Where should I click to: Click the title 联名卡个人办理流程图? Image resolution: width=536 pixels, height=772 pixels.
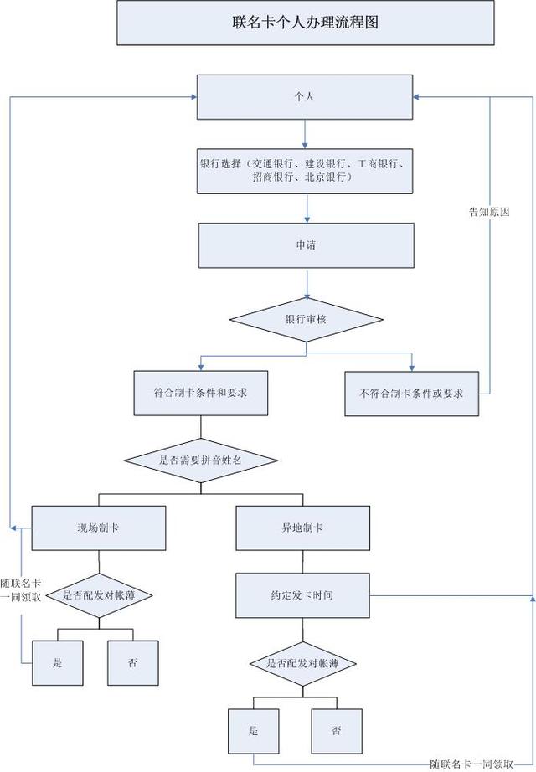(306, 23)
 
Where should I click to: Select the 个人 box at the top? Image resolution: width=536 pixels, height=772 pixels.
(306, 97)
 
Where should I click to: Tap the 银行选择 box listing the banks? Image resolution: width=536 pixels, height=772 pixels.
(306, 171)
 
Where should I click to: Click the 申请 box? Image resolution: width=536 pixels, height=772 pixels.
(306, 246)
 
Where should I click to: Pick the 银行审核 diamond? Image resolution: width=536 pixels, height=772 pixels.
(306, 319)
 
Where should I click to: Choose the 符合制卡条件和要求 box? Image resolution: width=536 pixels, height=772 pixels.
(201, 393)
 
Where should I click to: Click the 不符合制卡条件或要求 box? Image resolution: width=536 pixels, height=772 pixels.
(411, 393)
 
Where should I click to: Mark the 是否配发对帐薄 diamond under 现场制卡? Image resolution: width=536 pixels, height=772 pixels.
(100, 594)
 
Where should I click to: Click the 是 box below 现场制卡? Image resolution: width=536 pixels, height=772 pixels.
(58, 662)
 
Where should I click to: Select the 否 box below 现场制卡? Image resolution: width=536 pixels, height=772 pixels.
(132, 662)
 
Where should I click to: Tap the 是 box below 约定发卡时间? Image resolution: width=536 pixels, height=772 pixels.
(254, 731)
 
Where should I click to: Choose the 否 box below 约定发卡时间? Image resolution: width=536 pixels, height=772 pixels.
(337, 731)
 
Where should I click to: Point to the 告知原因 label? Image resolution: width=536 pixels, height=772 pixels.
(489, 212)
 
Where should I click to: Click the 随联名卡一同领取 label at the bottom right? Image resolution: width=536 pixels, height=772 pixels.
(472, 764)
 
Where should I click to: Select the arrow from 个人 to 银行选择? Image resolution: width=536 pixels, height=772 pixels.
(305, 133)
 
